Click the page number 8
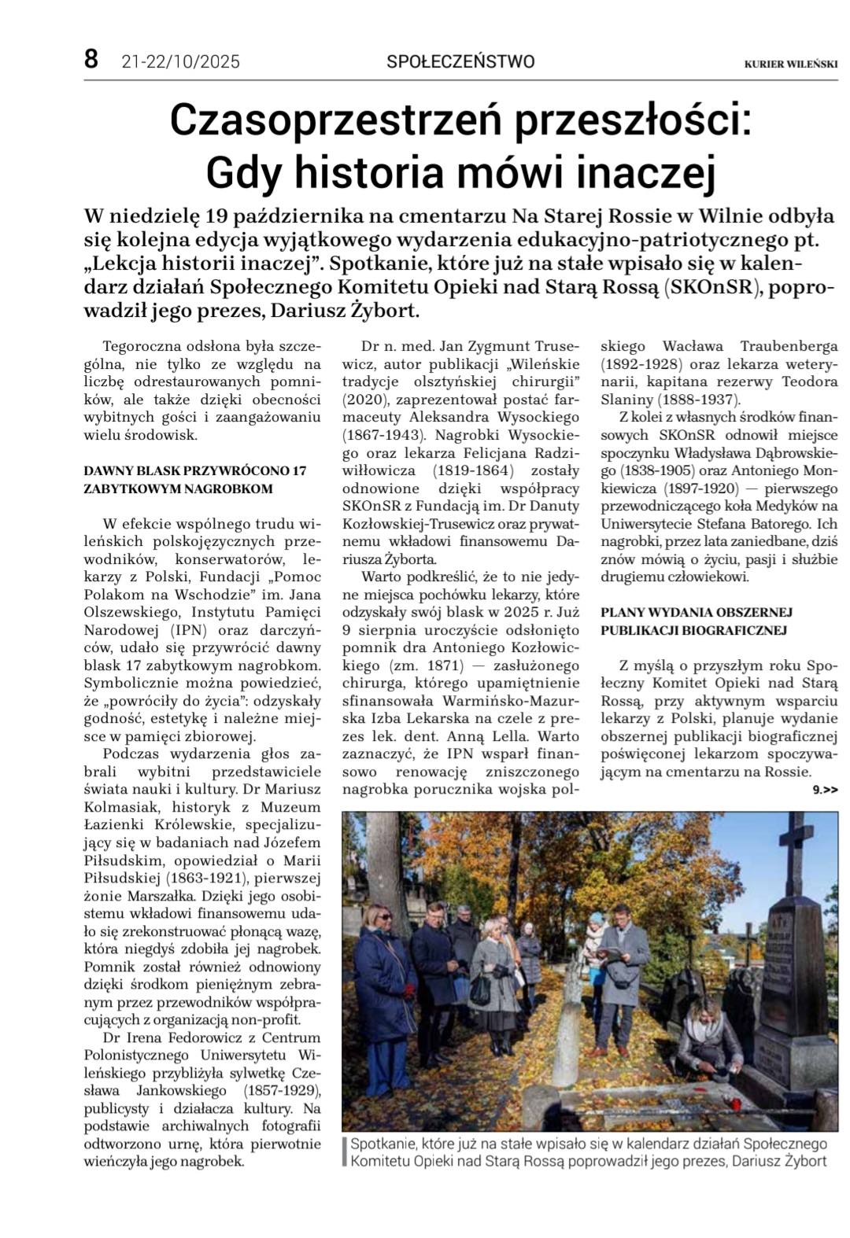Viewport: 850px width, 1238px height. click(92, 60)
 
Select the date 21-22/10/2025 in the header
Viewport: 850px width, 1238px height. click(181, 61)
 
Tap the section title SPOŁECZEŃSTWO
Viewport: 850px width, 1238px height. click(460, 61)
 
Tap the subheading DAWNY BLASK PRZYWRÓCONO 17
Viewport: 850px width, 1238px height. click(195, 470)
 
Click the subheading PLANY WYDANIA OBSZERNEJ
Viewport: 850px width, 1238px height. click(697, 611)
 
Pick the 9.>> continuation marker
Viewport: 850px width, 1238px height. click(825, 789)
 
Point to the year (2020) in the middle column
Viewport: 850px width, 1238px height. click(373, 400)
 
